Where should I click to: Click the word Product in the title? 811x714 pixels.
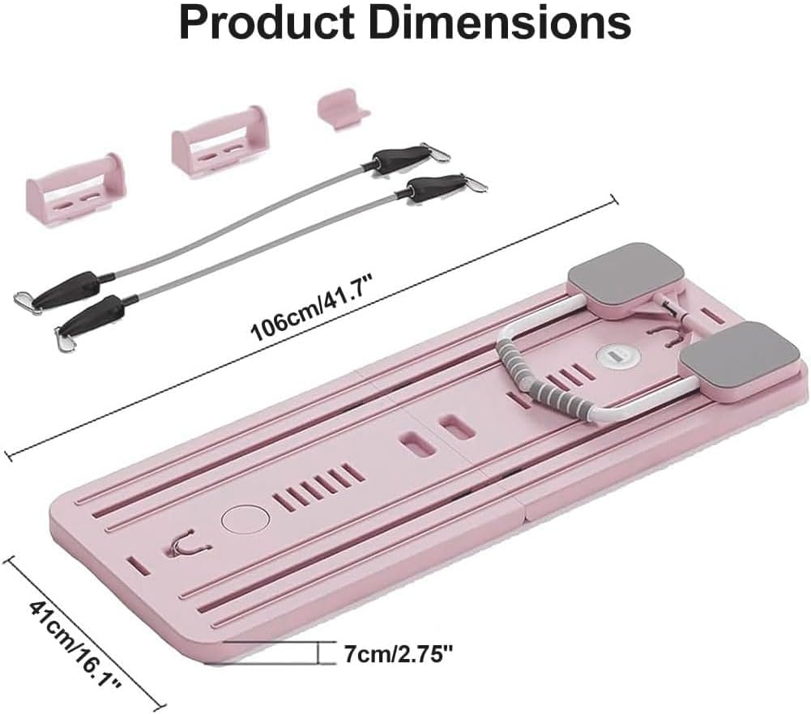pyautogui.click(x=267, y=23)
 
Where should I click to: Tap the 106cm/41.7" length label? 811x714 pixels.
pyautogui.click(x=312, y=308)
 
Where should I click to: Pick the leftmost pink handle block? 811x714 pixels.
pyautogui.click(x=75, y=190)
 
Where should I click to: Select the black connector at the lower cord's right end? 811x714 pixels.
pyautogui.click(x=433, y=187)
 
